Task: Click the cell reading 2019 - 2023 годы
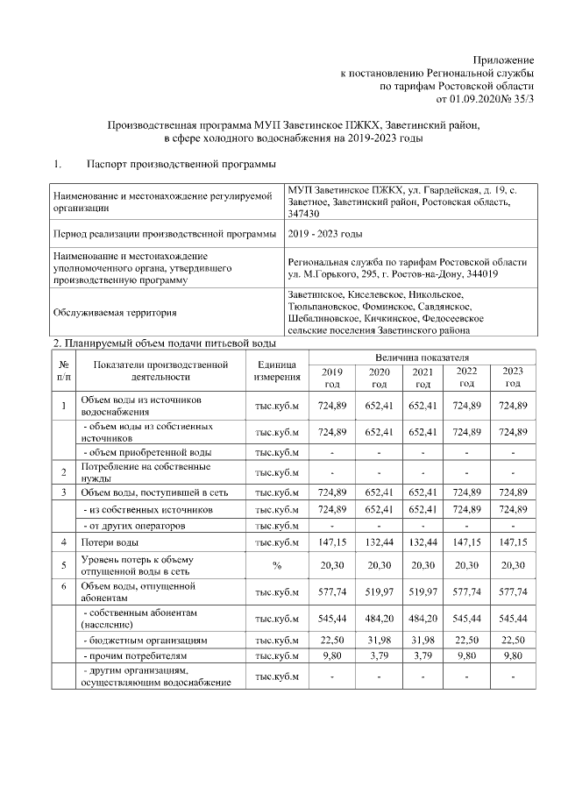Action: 324,235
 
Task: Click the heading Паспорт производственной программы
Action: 181,164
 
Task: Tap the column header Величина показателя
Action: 423,358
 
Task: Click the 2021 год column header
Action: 423,378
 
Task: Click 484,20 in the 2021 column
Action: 423,619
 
